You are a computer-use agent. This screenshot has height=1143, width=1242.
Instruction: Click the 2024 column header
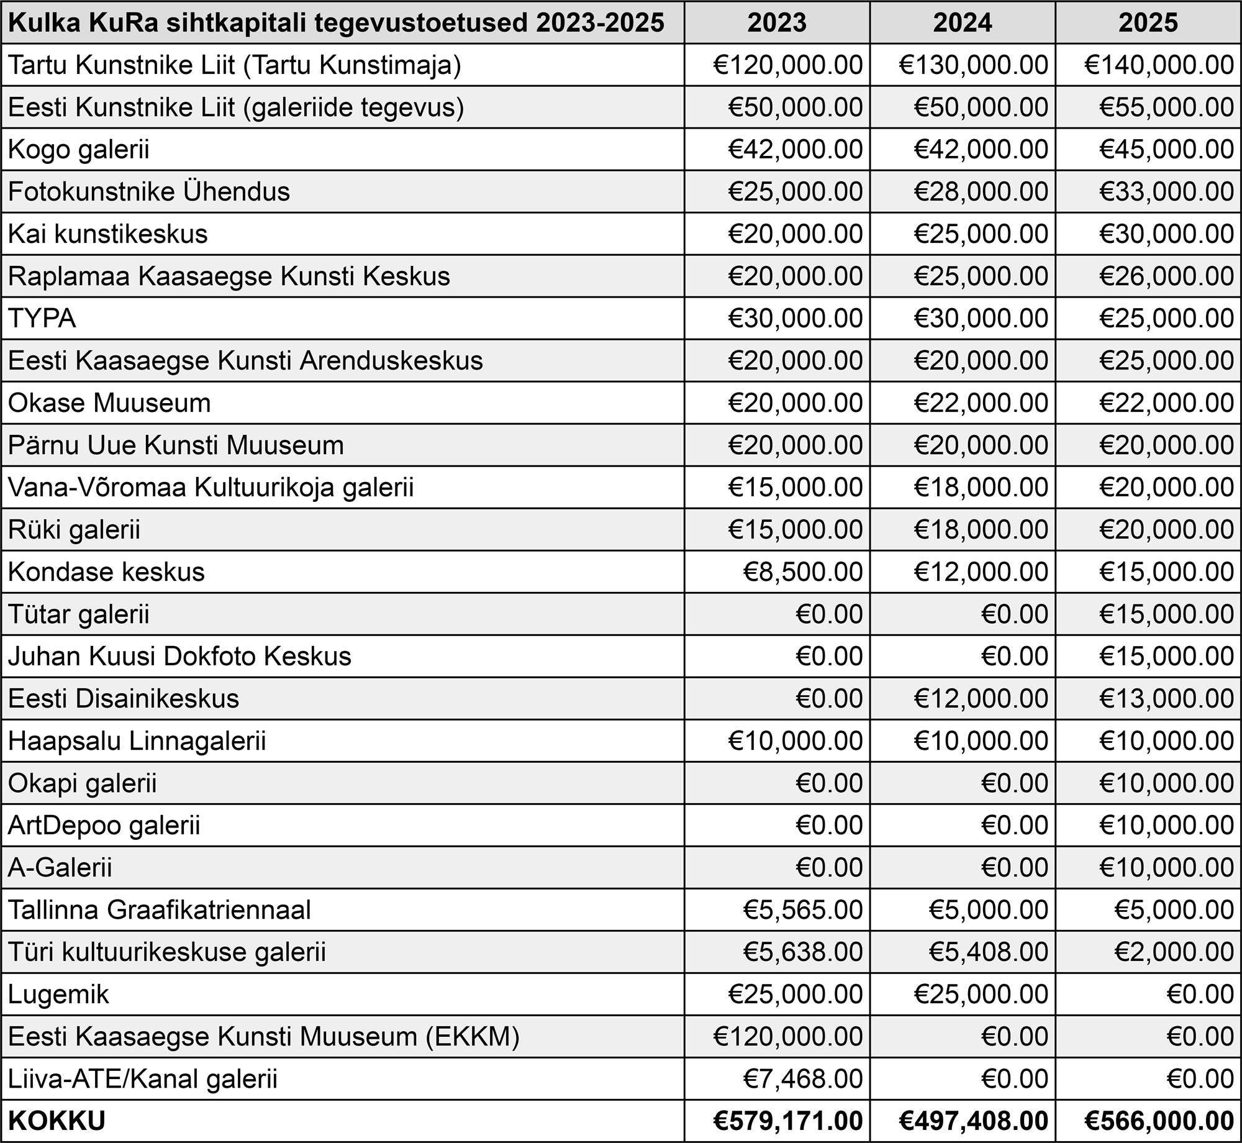[962, 23]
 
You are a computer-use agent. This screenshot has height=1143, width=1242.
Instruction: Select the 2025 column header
[1148, 23]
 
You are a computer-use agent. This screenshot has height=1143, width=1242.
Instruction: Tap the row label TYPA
[42, 319]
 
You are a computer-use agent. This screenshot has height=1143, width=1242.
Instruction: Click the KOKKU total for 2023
[787, 1121]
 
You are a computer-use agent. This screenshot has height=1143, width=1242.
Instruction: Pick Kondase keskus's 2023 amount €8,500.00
[803, 572]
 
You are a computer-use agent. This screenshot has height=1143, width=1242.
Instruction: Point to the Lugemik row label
[58, 995]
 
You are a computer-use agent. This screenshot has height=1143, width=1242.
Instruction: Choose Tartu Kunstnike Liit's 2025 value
[1159, 65]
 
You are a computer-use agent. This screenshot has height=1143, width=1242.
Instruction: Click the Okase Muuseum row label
[109, 403]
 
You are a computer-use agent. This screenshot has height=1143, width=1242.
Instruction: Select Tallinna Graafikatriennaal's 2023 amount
[803, 910]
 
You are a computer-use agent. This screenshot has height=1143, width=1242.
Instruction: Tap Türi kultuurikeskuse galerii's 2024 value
[989, 952]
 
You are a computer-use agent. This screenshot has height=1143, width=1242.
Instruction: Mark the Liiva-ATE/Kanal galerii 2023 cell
[803, 1079]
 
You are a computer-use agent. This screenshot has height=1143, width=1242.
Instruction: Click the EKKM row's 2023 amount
[787, 1037]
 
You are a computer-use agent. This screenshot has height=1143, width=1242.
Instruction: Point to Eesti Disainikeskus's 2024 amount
[981, 699]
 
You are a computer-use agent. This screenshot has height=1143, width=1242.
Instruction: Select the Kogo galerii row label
[79, 150]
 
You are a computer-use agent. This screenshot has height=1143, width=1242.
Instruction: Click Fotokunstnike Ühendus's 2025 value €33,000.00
[1166, 192]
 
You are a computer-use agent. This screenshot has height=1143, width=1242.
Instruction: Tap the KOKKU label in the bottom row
[57, 1121]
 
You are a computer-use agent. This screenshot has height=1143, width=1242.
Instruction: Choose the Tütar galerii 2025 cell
[1166, 614]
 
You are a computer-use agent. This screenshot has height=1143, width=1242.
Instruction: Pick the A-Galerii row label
[60, 868]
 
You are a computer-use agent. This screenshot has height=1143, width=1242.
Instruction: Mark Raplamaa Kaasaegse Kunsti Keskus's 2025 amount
[1166, 276]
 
